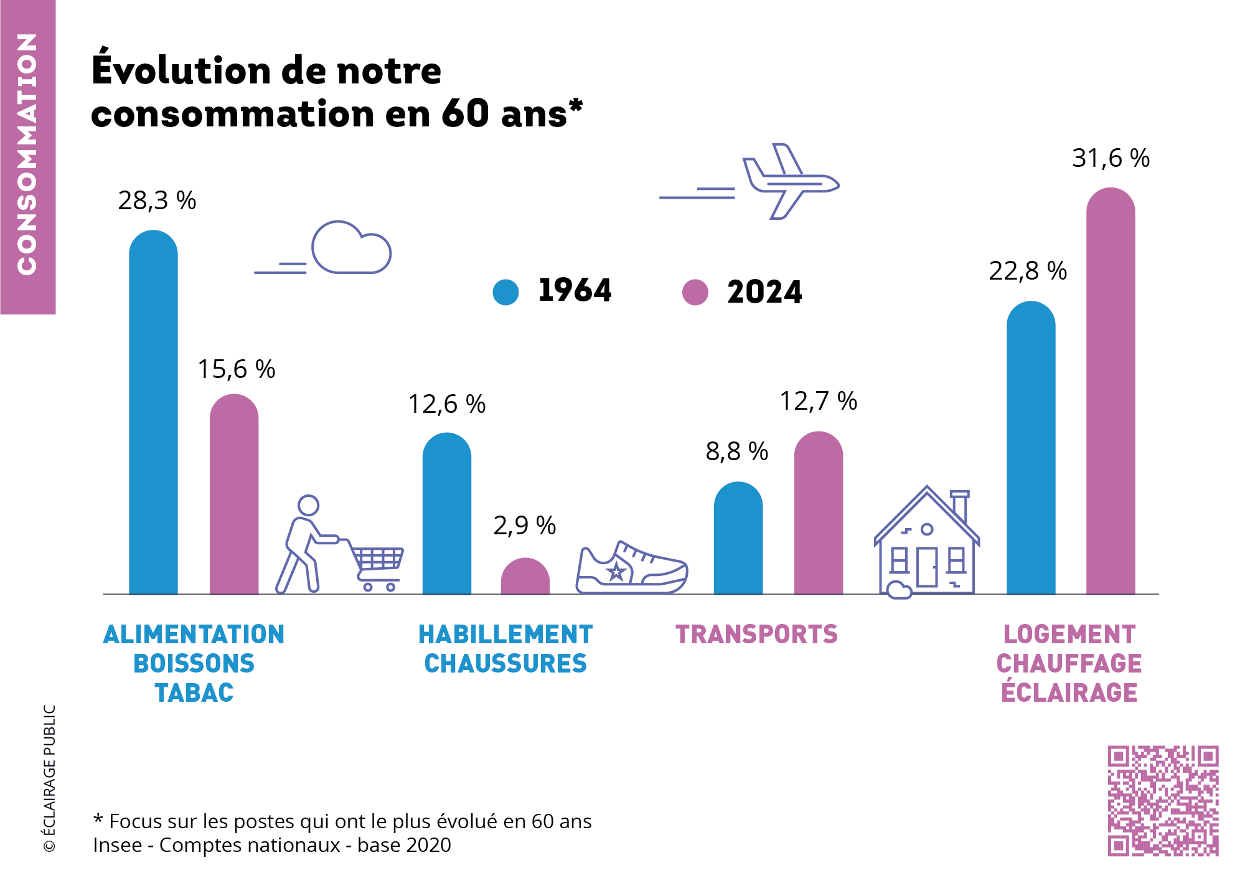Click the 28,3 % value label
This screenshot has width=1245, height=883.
(x=157, y=201)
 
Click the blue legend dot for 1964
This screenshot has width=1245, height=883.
(x=505, y=292)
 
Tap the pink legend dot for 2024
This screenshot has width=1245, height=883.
(x=695, y=292)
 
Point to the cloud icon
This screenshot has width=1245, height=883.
(x=351, y=249)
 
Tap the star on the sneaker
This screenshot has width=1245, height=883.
(x=616, y=572)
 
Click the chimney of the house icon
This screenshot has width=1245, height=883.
(x=960, y=506)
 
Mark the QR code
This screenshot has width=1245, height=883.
(x=1163, y=801)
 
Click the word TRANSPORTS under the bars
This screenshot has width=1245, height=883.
(x=756, y=635)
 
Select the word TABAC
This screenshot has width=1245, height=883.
(x=194, y=693)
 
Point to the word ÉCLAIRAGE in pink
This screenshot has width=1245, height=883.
(x=1069, y=693)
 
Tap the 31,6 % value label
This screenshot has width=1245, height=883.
(x=1111, y=158)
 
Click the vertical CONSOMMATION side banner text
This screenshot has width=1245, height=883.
(x=27, y=154)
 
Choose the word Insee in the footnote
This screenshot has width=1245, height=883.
(x=117, y=845)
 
